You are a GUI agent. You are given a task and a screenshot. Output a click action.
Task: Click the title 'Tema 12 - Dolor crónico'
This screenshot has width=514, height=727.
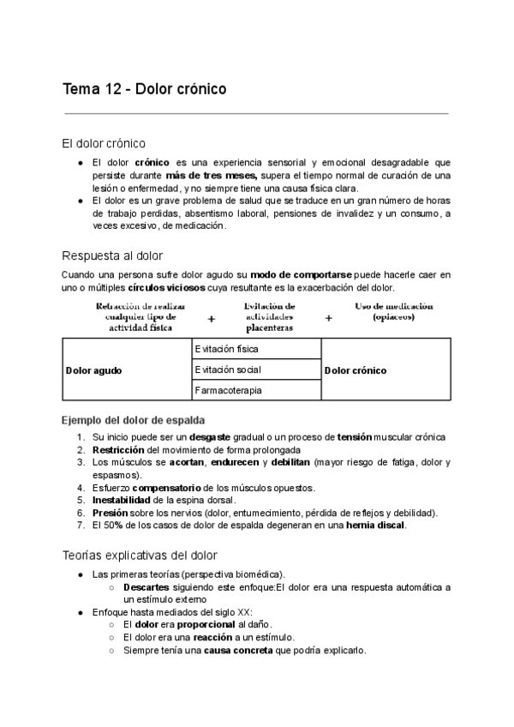tap(145, 88)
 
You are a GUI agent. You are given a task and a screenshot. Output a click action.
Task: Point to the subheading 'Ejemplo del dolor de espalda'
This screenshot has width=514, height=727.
tap(134, 420)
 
